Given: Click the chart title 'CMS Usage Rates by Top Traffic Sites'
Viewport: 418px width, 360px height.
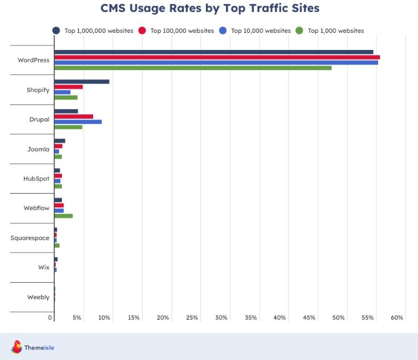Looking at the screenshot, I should tap(210, 9).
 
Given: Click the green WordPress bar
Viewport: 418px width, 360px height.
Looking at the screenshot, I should tap(193, 68).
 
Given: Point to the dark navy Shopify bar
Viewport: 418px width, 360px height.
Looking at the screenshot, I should tap(81, 82).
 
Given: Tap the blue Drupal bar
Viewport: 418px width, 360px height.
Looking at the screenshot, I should tap(78, 122).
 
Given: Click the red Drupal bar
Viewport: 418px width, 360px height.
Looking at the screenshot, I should tap(73, 116).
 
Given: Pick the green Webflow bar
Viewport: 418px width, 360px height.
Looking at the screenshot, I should tap(63, 216).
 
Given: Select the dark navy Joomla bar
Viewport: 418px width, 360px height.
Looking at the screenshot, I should tap(60, 141).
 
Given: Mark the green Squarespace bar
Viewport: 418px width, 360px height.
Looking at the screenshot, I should tap(57, 245).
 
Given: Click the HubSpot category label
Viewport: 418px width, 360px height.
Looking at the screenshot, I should tap(36, 178).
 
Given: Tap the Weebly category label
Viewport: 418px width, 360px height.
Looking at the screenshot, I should tap(38, 297).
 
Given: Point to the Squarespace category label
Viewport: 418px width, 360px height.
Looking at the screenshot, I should tap(30, 238).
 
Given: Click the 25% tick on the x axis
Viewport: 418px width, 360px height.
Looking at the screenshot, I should tap(192, 318).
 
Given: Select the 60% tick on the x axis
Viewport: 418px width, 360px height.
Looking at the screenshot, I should tap(397, 318).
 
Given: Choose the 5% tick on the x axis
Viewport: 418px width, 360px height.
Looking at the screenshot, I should tap(77, 318).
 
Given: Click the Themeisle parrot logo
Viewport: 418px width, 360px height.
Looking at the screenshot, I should tap(16, 347).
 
